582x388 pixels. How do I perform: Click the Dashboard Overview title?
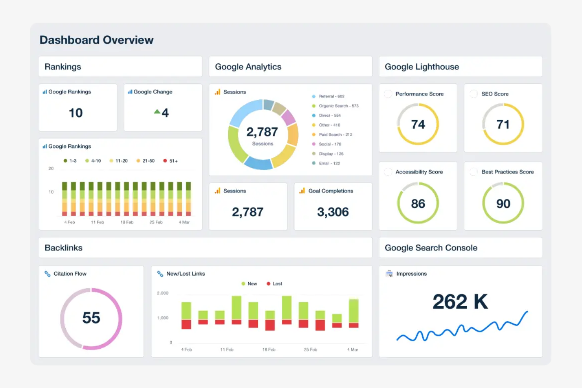96,40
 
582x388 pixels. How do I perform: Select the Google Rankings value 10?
76,113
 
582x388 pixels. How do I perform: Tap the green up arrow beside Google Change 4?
157,112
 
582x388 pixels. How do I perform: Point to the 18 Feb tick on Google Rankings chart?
127,222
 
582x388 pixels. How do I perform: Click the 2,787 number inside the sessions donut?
262,132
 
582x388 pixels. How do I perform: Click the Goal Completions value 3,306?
333,212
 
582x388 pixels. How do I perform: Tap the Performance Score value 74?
418,125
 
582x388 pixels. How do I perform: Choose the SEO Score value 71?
503,125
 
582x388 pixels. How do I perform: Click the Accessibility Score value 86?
418,204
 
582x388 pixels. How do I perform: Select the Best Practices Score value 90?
503,204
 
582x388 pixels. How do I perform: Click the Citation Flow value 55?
91,318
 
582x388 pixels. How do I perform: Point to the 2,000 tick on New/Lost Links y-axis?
162,293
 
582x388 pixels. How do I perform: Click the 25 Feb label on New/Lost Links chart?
310,349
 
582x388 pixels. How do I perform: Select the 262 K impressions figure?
460,302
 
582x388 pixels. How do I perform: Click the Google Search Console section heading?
431,248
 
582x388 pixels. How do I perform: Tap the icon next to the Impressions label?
389,274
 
